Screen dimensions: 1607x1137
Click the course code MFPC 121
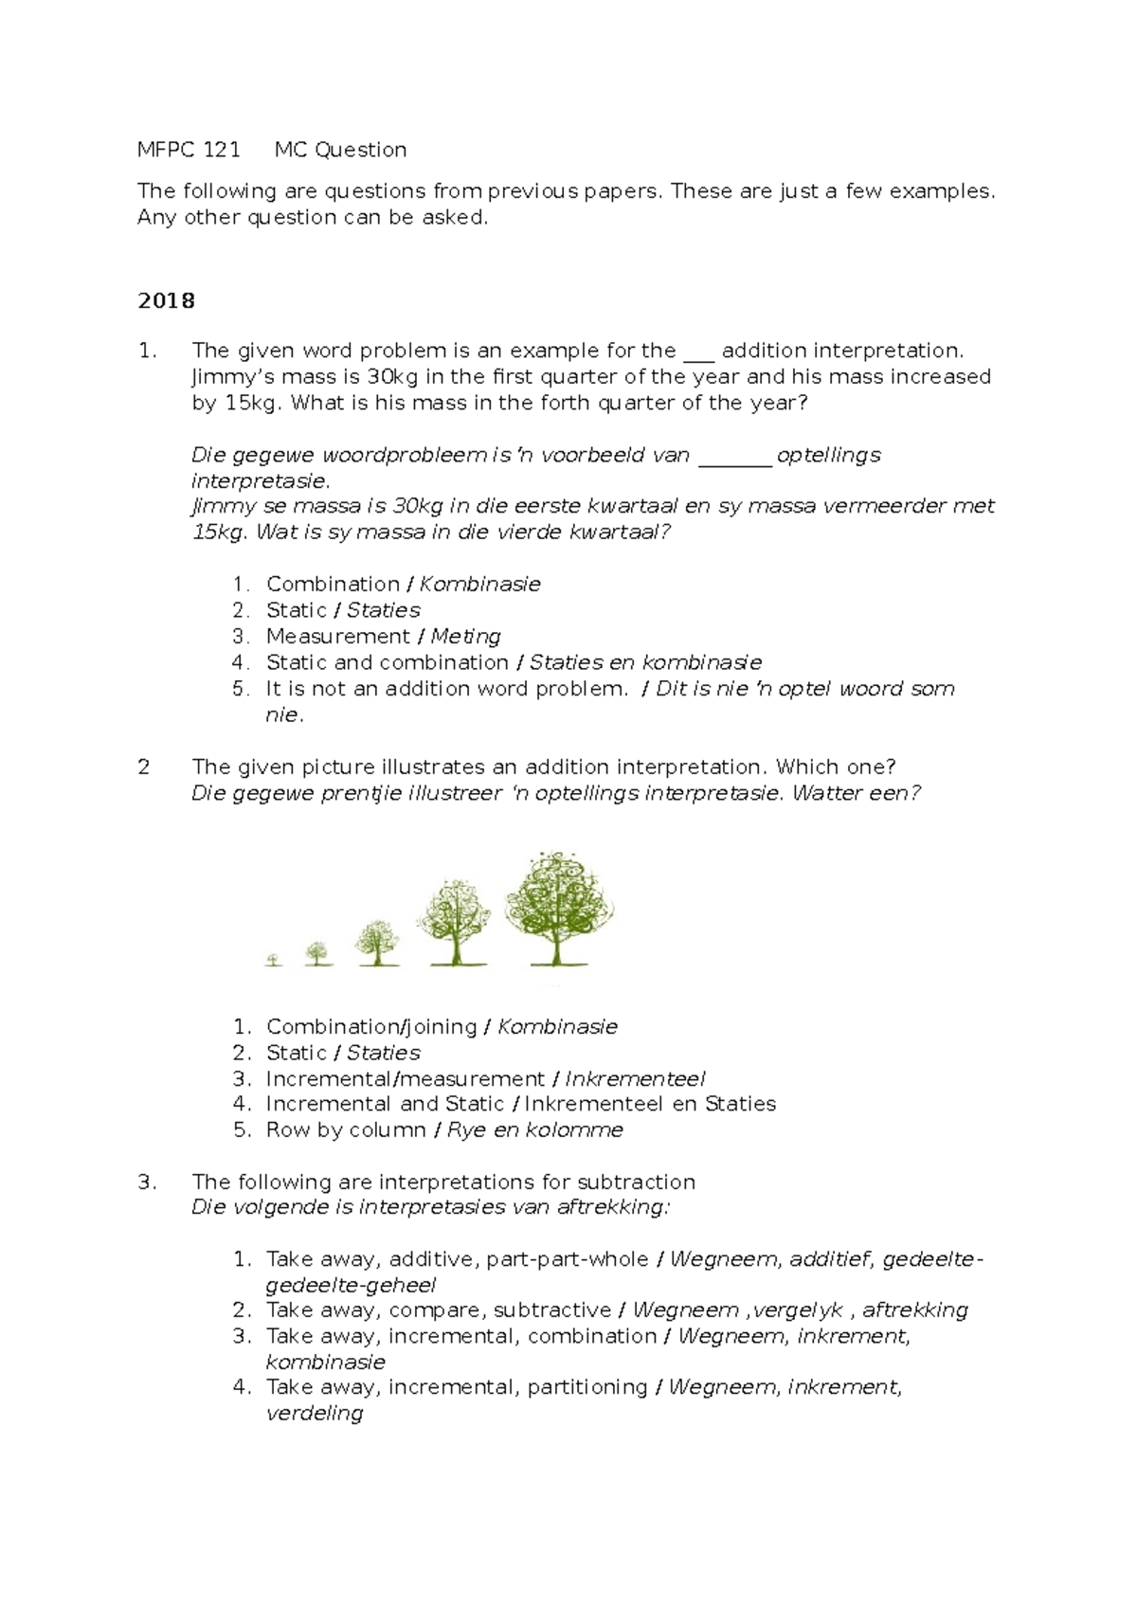pos(189,150)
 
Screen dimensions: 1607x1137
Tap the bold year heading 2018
pos(166,301)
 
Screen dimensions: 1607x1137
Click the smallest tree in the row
pos(274,960)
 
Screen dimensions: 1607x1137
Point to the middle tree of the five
pos(377,942)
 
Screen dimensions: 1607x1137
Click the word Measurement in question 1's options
pos(337,637)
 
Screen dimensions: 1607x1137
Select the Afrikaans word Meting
pos(465,637)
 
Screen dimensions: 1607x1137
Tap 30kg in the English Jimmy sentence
pos(392,377)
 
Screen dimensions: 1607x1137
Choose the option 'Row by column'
pos(346,1130)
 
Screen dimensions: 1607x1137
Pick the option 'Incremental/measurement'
pos(405,1079)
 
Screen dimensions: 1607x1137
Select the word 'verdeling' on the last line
pos(314,1414)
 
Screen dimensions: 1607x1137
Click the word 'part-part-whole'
pos(567,1259)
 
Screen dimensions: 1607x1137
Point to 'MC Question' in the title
pos(340,150)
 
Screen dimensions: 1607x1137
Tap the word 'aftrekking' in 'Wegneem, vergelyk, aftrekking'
pos(914,1310)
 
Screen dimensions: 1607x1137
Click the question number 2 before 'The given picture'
pos(144,767)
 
